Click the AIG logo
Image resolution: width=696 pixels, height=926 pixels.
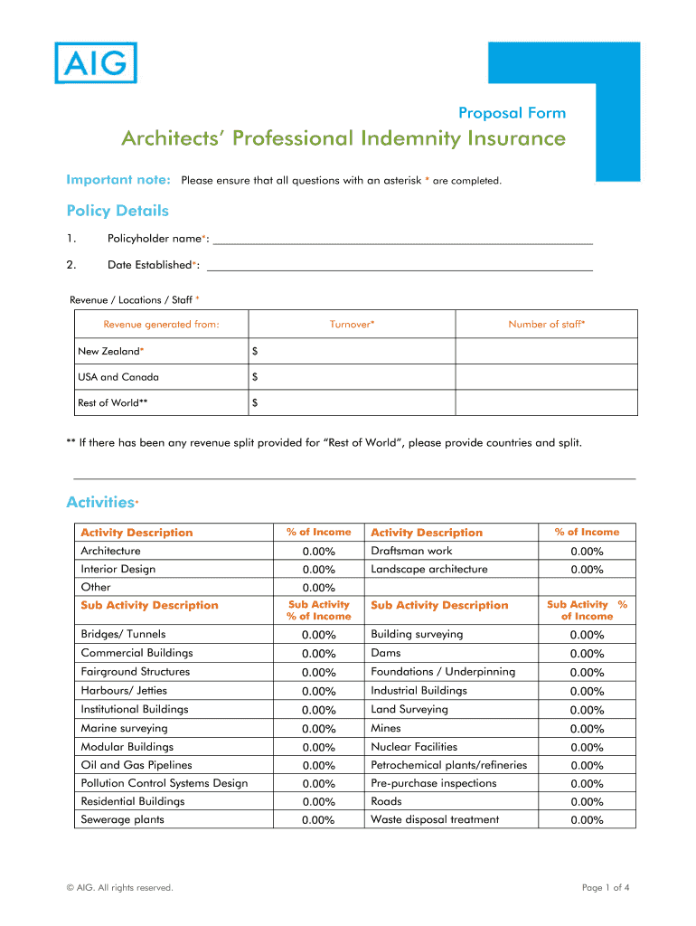pos(96,63)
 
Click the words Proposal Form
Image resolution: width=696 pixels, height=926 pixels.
pos(512,113)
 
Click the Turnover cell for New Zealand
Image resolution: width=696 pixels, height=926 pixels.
pos(353,351)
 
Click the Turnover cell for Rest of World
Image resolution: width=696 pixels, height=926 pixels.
pos(353,403)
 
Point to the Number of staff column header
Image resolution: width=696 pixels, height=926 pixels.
pos(546,325)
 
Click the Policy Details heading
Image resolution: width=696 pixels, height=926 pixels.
pos(118,211)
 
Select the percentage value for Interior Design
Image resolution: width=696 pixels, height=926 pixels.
pos(319,570)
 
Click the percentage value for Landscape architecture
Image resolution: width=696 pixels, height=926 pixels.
pos(587,570)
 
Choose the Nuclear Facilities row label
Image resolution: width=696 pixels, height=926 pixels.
pos(414,747)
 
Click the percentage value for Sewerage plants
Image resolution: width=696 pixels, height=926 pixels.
pos(319,820)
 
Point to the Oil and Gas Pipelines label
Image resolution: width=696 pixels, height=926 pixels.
pos(136,765)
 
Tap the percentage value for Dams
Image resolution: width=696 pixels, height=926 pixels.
pos(587,654)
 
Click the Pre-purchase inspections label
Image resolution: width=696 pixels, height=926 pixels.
pos(434,783)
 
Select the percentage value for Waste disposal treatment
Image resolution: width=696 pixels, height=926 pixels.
pos(587,820)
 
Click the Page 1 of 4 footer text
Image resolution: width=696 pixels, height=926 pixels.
pos(606,888)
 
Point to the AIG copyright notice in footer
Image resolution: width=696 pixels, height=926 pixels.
pos(119,888)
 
